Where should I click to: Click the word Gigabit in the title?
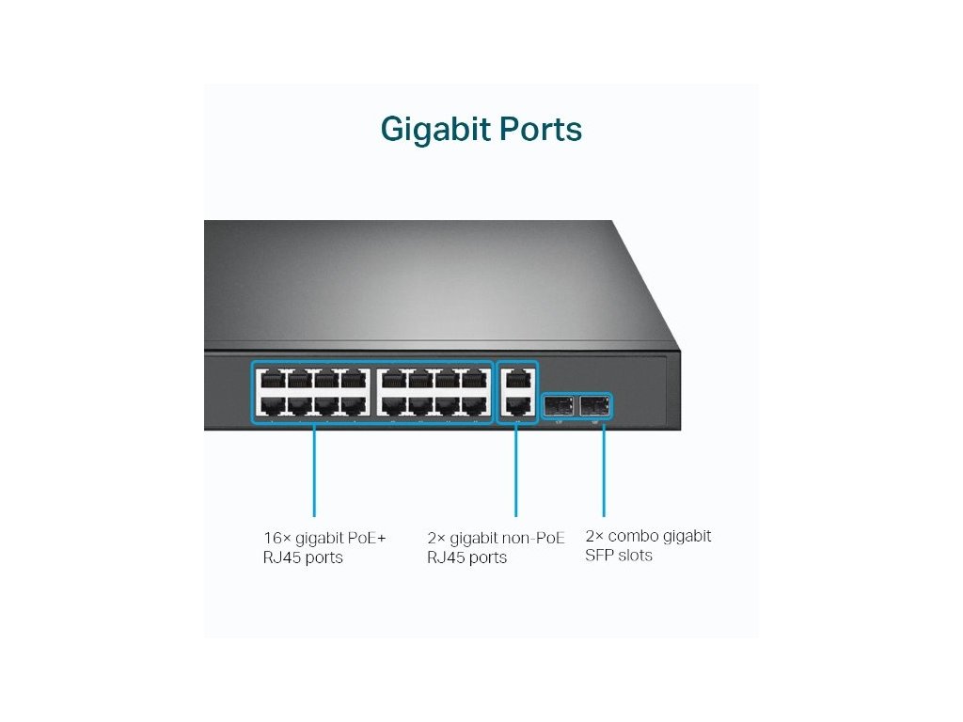(x=434, y=130)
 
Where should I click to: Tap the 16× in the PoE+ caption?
(x=276, y=538)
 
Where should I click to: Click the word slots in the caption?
(x=637, y=556)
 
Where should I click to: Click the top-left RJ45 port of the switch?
(x=272, y=381)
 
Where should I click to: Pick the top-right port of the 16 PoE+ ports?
(x=475, y=381)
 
